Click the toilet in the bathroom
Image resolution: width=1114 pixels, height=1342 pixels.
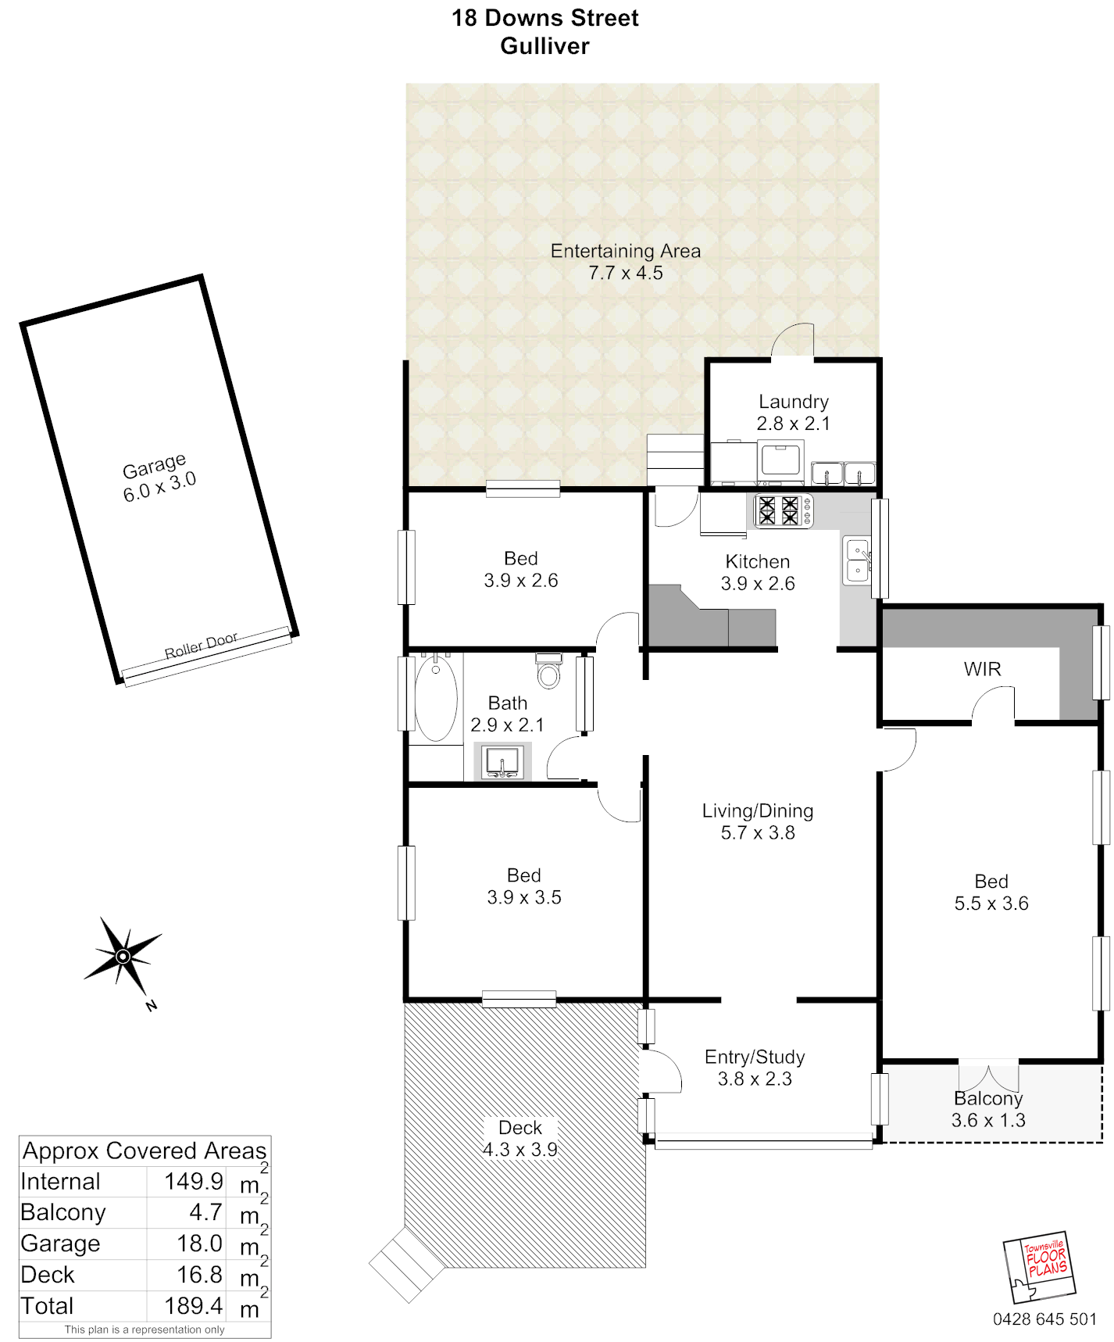tap(549, 671)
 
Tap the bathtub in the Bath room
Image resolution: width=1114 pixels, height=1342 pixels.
tap(436, 698)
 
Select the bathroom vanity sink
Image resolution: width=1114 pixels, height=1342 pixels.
tap(502, 762)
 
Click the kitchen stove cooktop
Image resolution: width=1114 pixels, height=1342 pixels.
tap(784, 511)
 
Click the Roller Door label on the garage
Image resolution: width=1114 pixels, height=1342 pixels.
tap(201, 646)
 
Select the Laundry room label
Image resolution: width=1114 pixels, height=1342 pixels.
tap(794, 402)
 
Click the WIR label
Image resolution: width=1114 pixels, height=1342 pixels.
tap(982, 669)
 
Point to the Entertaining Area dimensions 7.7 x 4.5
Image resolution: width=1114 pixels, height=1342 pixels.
tap(626, 273)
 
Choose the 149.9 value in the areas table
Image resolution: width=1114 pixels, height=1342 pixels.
tap(194, 1181)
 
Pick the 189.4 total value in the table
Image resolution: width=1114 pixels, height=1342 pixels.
tap(194, 1306)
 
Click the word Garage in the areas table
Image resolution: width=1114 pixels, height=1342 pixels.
tap(60, 1244)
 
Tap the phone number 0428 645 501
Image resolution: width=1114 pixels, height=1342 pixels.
tap(1044, 1319)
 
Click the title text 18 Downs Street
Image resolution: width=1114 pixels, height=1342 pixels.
tap(545, 18)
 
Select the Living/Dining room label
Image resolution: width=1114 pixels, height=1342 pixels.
tap(758, 811)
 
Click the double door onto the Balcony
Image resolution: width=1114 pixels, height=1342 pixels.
tap(988, 1075)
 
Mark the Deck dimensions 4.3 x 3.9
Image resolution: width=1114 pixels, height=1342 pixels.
tap(520, 1150)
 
